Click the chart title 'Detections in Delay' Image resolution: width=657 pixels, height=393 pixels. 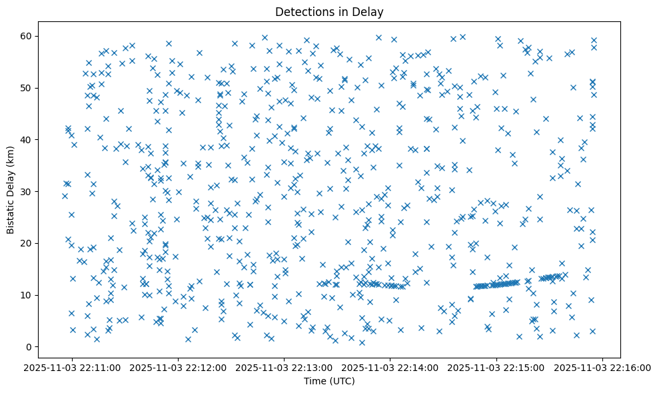pos(329,12)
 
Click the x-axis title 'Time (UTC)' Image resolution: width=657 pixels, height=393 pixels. pos(329,381)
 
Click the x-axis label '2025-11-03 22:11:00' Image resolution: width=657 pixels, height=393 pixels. pos(73,367)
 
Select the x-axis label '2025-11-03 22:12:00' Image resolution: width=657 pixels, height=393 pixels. pos(179,367)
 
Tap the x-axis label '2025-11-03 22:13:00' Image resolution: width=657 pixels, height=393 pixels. pos(285,367)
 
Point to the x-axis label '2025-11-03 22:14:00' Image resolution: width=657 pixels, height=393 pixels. pos(390,367)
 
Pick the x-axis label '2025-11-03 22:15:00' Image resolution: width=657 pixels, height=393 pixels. pos(496,367)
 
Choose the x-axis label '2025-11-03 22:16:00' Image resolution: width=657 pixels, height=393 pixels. pos(603,367)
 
